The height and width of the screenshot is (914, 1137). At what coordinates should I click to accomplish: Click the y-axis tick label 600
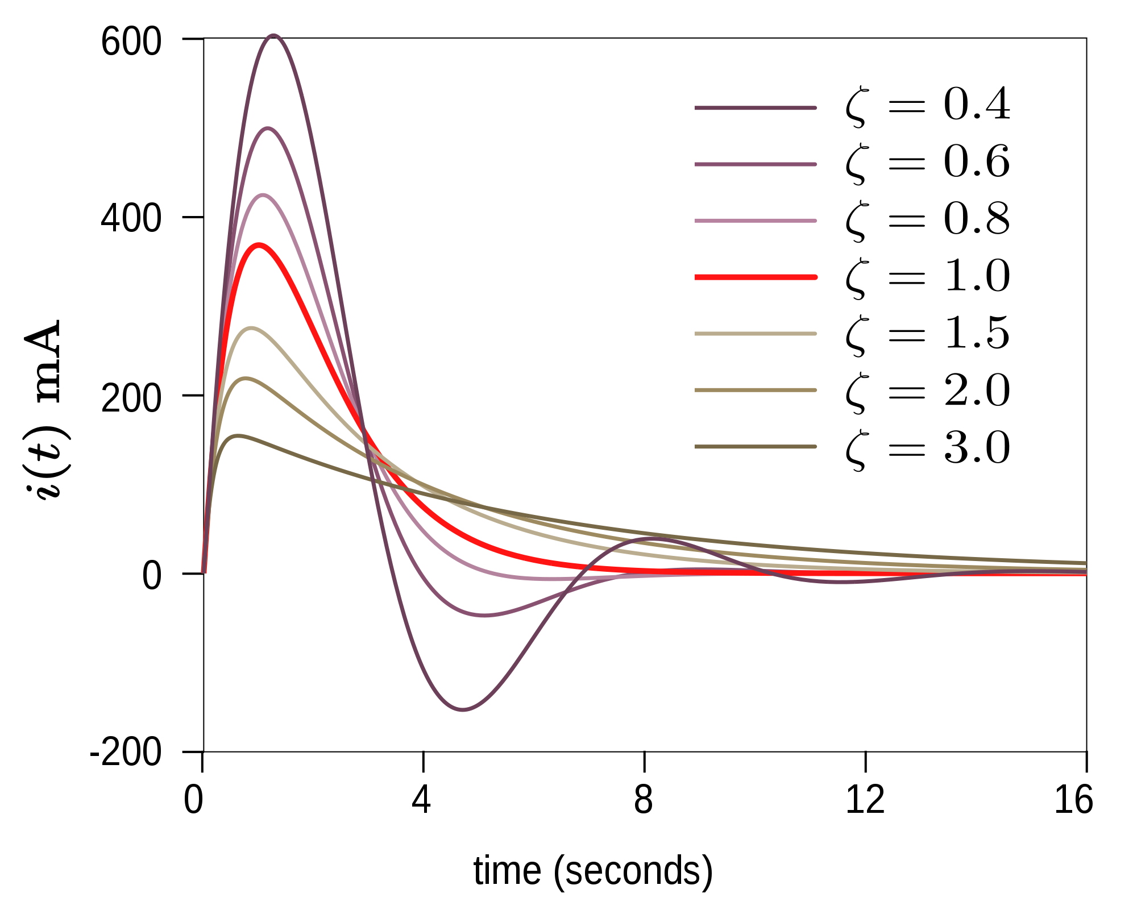point(131,43)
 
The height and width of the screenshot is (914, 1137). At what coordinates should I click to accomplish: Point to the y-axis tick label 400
point(131,219)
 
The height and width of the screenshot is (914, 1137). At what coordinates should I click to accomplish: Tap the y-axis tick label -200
point(126,754)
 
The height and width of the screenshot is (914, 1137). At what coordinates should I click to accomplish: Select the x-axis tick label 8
point(643,800)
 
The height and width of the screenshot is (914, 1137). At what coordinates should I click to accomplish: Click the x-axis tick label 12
point(865,800)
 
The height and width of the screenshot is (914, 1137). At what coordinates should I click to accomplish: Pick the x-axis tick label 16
point(1073,800)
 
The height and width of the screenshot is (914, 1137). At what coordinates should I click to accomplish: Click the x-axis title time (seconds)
point(593,871)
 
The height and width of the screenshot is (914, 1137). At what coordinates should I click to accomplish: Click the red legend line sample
point(756,277)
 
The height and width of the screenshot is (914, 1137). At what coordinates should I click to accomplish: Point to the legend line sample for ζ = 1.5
point(756,334)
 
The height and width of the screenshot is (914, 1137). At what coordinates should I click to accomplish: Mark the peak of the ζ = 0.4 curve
point(274,35)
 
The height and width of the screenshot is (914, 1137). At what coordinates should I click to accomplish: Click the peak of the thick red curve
point(259,245)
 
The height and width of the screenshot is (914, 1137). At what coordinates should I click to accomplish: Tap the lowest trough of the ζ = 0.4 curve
point(463,709)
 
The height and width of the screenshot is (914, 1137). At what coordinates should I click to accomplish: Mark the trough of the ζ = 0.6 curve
point(484,615)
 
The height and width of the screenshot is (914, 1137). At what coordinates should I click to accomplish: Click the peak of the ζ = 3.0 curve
point(238,436)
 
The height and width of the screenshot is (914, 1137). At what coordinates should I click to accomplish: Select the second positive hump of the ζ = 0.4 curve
point(654,538)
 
